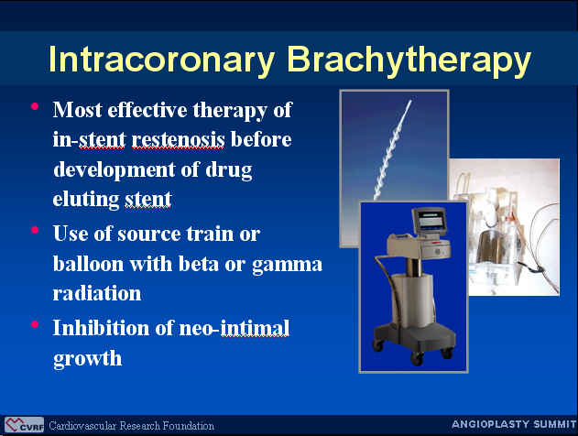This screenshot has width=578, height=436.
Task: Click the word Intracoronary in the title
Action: [161, 60]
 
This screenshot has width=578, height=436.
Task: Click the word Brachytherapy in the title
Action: [409, 60]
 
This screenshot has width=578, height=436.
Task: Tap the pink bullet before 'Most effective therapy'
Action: [35, 107]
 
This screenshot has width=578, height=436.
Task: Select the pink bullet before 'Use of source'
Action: [35, 230]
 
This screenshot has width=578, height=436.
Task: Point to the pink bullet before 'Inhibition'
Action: [35, 324]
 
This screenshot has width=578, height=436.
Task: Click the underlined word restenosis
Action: [178, 139]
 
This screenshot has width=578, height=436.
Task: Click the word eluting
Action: [85, 200]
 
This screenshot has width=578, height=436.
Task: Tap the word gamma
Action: [287, 265]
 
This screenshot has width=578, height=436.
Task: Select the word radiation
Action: [97, 293]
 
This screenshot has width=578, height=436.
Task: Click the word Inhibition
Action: [101, 328]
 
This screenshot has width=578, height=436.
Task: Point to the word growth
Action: [87, 359]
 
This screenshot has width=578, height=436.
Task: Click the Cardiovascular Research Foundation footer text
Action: [131, 426]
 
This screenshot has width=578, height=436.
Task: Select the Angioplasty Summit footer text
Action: [514, 424]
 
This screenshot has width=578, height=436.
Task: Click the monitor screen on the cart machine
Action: [430, 221]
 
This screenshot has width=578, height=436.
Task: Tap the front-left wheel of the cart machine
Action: [377, 345]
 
